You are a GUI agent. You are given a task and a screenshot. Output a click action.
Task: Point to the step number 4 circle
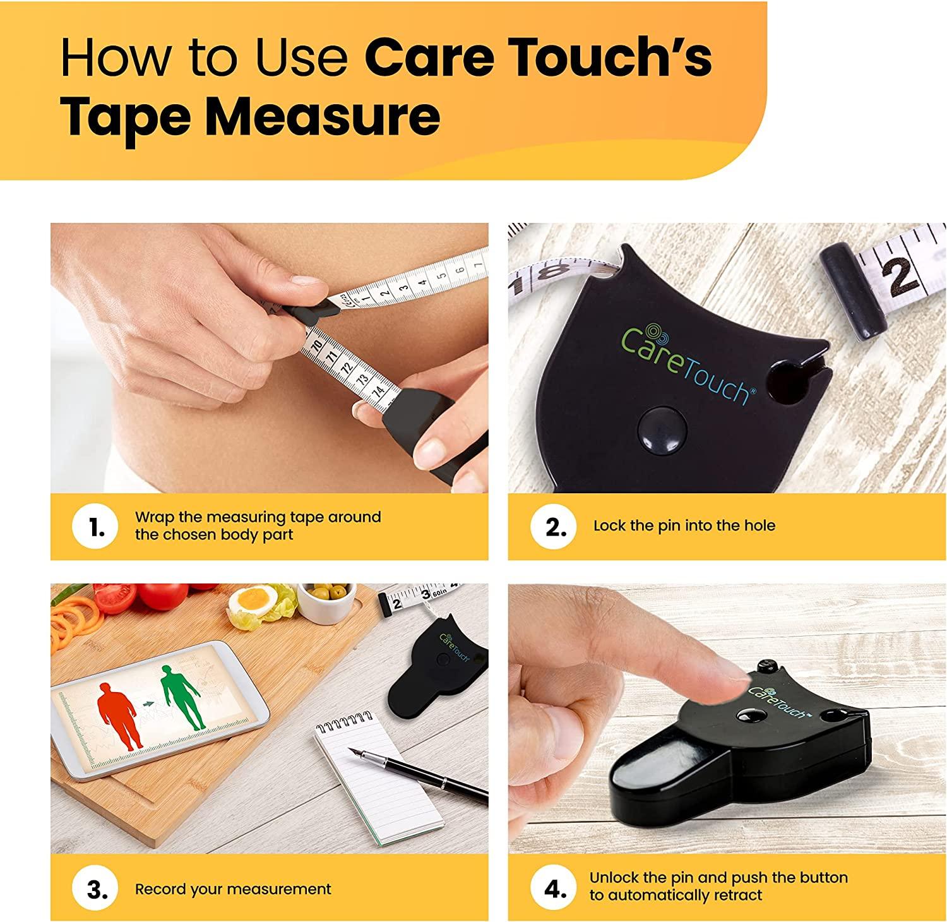[556, 889]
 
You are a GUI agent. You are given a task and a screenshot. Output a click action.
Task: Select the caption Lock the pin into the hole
[684, 526]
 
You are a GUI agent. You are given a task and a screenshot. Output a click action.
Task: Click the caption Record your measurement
[233, 890]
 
